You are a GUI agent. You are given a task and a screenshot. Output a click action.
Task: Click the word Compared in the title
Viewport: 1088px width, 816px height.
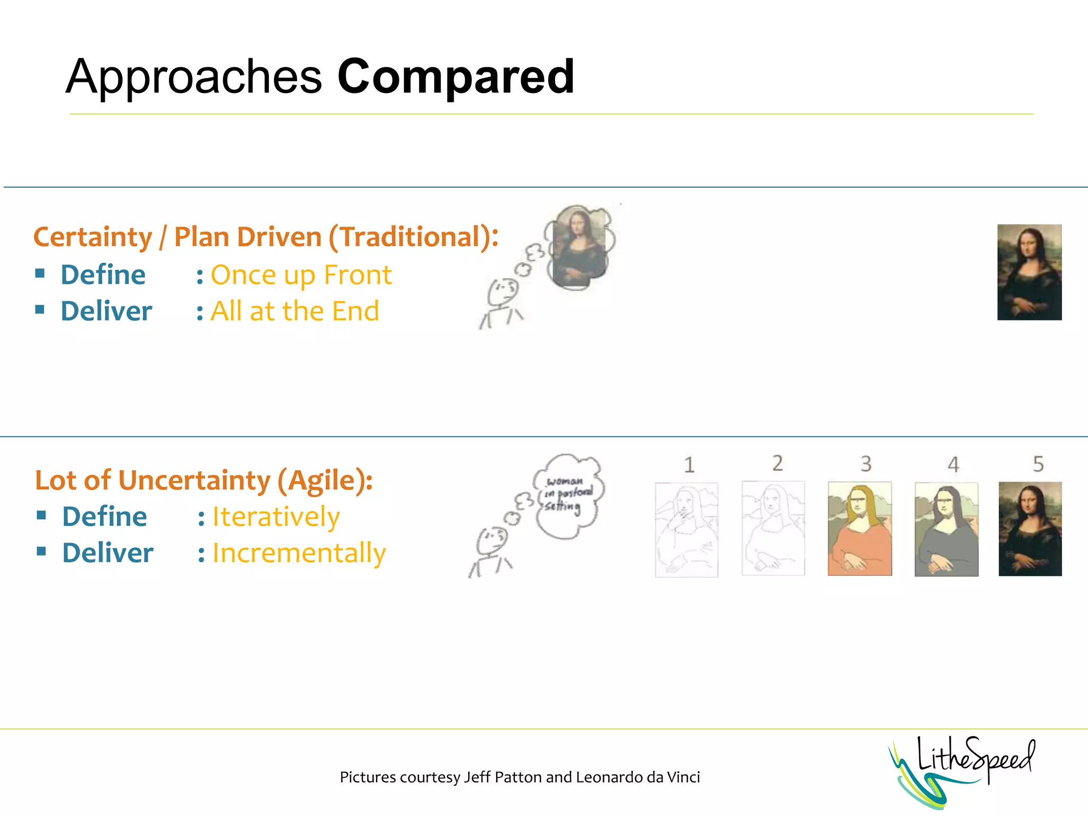point(456,78)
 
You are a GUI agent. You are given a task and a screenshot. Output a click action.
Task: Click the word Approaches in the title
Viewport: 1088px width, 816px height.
point(194,78)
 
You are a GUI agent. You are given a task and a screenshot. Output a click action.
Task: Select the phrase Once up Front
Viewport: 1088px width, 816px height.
point(301,275)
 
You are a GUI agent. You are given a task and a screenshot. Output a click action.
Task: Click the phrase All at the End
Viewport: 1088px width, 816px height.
point(295,311)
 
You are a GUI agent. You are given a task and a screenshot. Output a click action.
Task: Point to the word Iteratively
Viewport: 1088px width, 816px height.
point(276,517)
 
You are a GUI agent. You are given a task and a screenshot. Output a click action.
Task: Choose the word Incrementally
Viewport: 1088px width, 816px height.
point(299,553)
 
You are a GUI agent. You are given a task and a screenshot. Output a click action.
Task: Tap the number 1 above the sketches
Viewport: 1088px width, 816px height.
point(689,465)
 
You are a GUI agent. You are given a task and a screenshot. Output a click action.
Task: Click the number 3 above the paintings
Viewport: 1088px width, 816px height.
point(865,464)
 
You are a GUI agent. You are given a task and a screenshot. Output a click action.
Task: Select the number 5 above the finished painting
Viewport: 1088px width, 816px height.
point(1038,464)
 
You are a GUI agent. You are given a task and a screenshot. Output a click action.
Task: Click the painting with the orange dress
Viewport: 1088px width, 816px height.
point(860,529)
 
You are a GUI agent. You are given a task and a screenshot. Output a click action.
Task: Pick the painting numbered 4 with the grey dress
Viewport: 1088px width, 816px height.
point(946,530)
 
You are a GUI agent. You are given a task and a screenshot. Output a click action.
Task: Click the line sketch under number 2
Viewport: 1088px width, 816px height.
point(773,529)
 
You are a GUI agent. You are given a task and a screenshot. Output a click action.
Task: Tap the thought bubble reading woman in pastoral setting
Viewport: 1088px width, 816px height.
point(568,496)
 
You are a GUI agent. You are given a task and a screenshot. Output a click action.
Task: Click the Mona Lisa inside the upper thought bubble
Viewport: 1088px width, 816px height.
point(579,246)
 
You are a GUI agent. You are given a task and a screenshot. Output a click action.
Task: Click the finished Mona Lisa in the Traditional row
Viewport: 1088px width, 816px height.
point(1029,272)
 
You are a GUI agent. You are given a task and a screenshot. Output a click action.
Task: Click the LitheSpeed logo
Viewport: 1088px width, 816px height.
point(962,769)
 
